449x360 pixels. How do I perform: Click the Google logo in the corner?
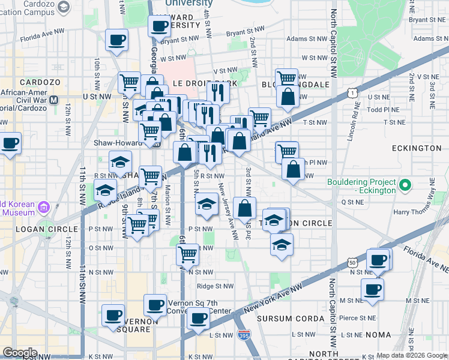click(20, 353)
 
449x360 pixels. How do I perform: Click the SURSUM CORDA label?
click(282, 318)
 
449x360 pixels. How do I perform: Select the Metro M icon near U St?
click(55, 100)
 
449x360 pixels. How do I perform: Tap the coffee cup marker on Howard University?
click(160, 26)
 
